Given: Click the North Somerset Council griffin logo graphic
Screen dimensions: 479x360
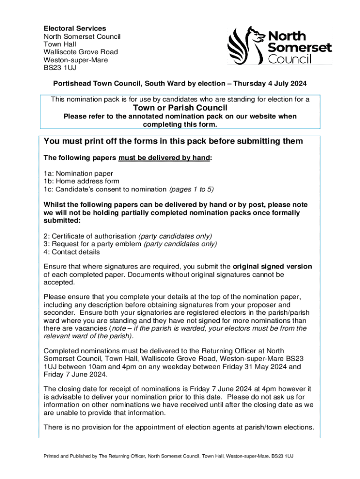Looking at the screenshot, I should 246,45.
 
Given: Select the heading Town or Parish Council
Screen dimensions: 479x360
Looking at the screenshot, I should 180,108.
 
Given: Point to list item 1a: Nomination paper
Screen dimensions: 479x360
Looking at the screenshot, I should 78,173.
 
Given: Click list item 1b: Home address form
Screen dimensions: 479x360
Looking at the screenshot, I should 81,181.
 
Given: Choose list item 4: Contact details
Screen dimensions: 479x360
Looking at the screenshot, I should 72,252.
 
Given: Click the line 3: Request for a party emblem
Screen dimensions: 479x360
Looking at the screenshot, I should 93,244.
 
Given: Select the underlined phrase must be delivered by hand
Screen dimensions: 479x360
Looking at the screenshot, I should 164,158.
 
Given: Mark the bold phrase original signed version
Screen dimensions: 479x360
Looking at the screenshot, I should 272,267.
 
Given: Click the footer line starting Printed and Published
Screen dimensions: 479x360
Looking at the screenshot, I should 168,456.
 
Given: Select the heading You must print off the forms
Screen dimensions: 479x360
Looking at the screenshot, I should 173,141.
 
